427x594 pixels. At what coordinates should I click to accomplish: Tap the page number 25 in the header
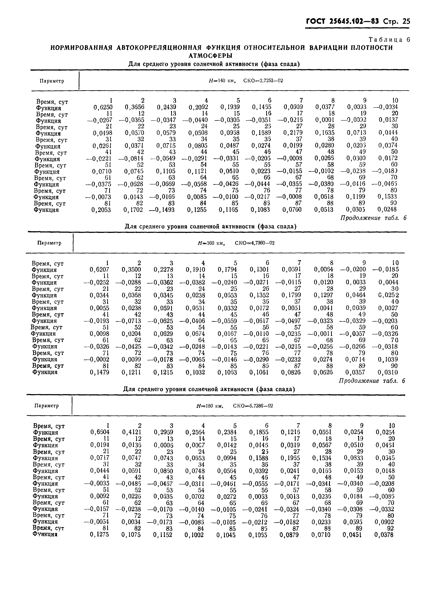(x=406, y=21)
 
